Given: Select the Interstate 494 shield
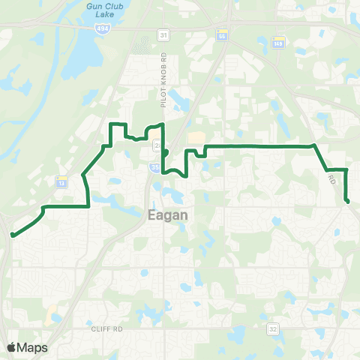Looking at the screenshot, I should point(100,28).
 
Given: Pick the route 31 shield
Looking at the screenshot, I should point(163,35).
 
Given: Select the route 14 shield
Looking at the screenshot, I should point(221,35).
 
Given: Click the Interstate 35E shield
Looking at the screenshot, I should point(154,168).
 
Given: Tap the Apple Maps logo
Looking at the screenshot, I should point(27,347).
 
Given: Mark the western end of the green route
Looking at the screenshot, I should point(13,235).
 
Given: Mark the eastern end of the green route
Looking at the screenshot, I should point(348,201).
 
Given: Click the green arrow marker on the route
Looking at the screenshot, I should point(165,152).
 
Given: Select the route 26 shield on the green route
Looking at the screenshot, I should point(156,144).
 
